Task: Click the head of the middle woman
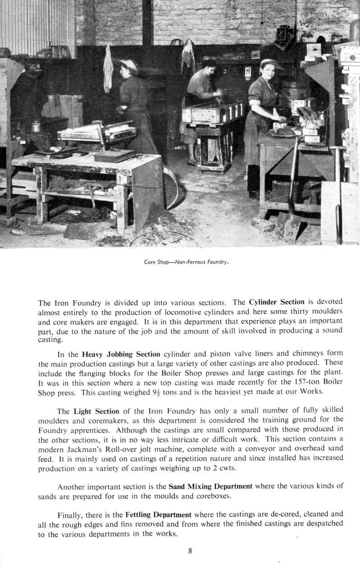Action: pos(209,65)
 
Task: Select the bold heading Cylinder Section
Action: pos(277,302)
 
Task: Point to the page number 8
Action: pos(190,550)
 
